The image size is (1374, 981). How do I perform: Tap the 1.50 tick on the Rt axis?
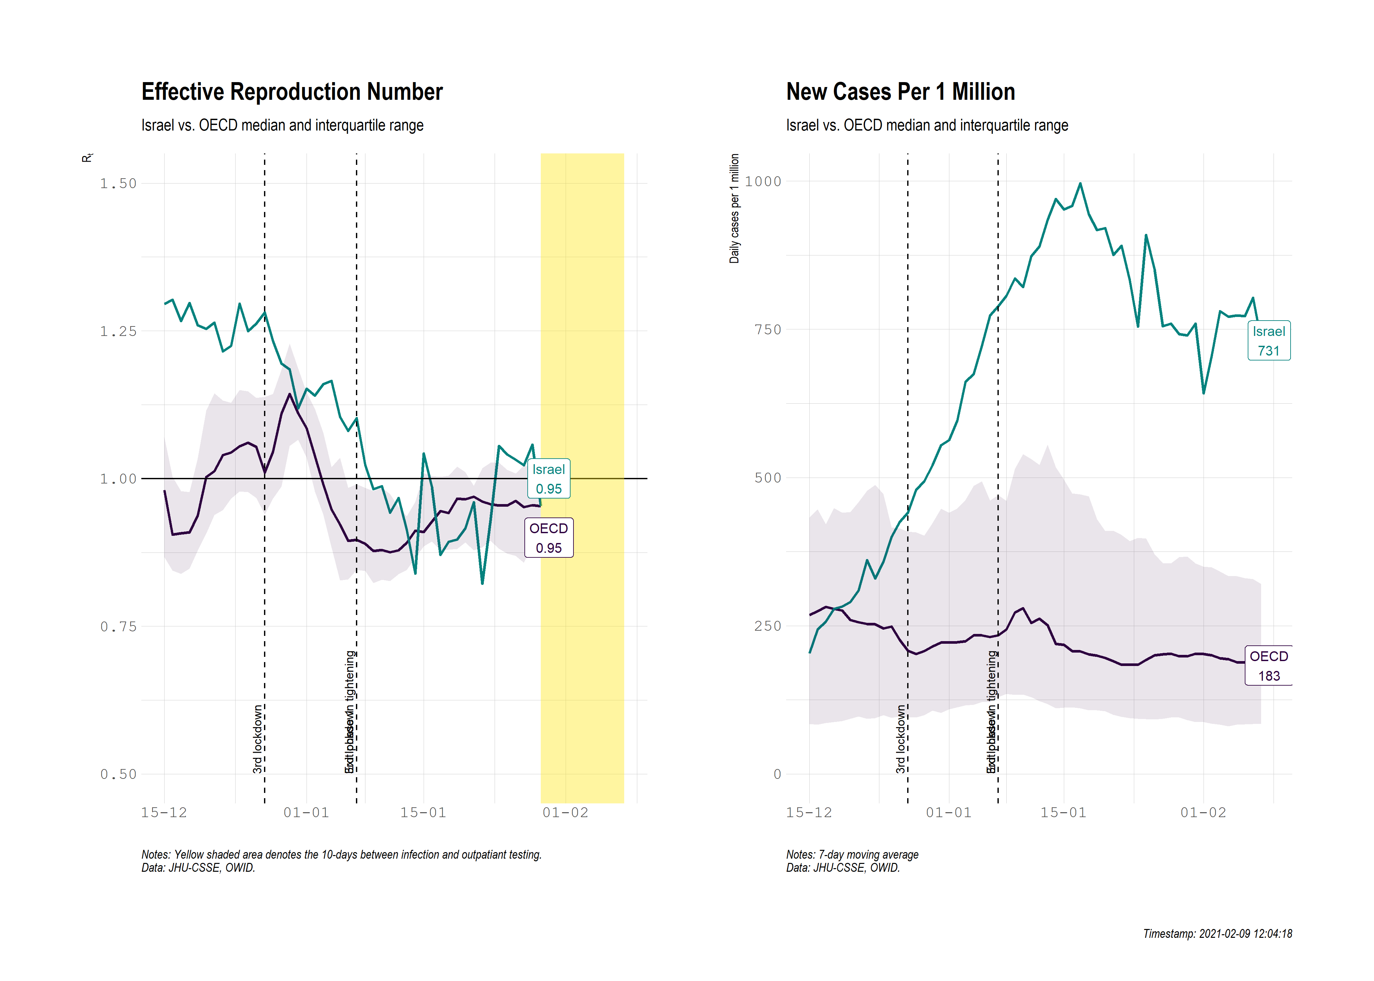pyautogui.click(x=118, y=184)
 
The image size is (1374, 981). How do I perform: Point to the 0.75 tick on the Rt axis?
pyautogui.click(x=118, y=626)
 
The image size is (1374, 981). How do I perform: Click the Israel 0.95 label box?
pyautogui.click(x=548, y=479)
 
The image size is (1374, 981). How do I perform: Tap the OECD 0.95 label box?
pyautogui.click(x=548, y=538)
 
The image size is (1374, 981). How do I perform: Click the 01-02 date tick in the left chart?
pyautogui.click(x=565, y=813)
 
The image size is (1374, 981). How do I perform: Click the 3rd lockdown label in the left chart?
pyautogui.click(x=258, y=738)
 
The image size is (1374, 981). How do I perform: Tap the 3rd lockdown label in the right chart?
pyautogui.click(x=901, y=738)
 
